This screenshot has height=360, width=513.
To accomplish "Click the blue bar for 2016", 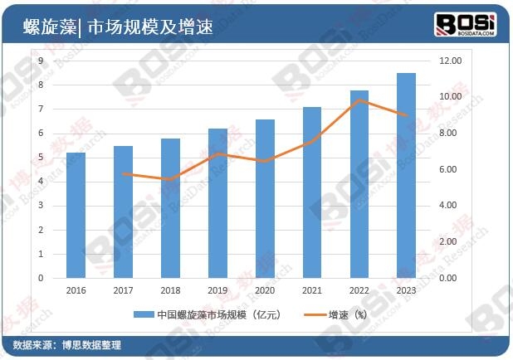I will (x=76, y=215).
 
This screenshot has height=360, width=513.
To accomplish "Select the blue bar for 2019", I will (x=217, y=203).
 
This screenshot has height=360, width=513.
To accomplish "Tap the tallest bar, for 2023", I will (x=407, y=175).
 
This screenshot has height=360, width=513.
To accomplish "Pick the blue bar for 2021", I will (x=312, y=192).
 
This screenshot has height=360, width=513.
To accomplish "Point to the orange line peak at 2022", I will (x=359, y=100).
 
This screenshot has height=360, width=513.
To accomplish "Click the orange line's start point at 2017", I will (x=123, y=174).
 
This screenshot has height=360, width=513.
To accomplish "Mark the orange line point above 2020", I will (x=265, y=161).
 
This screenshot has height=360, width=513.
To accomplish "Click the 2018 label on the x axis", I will (x=170, y=289).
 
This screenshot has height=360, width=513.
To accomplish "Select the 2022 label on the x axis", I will (x=359, y=289).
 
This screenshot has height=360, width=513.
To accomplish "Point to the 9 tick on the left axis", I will (x=41, y=61).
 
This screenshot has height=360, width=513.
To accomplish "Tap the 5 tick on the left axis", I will (x=41, y=158).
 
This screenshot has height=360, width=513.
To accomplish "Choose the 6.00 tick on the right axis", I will (x=447, y=169).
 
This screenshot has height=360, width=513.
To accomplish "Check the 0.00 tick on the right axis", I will (x=447, y=278).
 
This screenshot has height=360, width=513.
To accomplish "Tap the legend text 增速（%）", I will (x=349, y=314).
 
